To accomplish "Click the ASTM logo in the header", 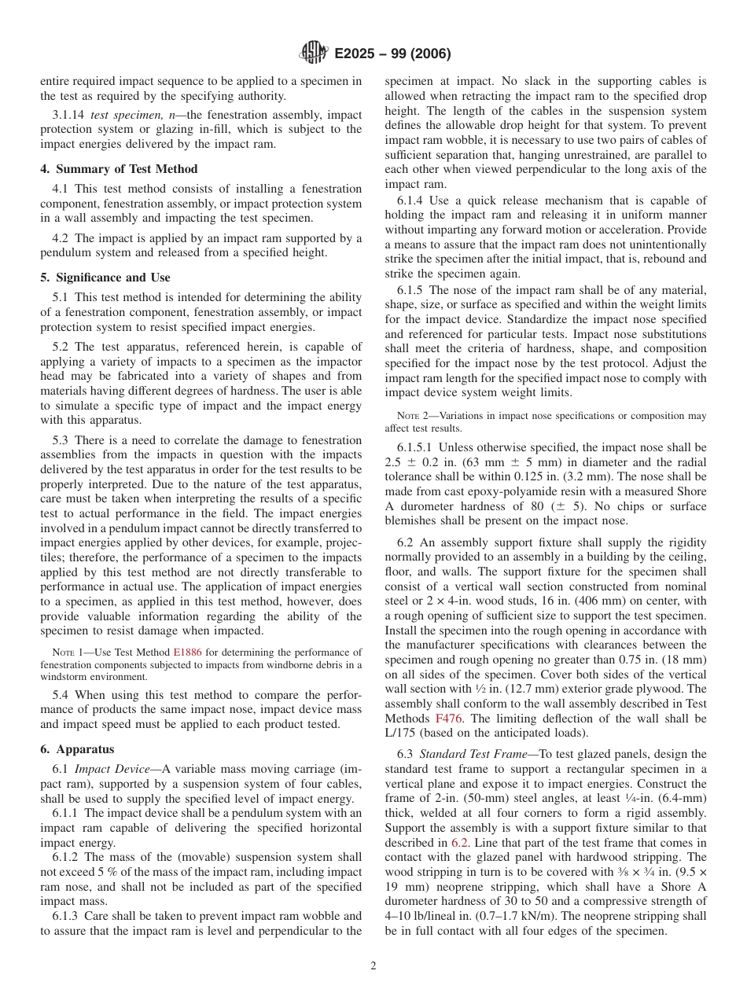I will [315, 53].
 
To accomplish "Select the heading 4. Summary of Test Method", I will [119, 169].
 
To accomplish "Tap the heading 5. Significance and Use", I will [105, 278].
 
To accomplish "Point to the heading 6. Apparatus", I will [77, 749].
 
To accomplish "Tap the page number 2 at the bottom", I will [373, 966].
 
